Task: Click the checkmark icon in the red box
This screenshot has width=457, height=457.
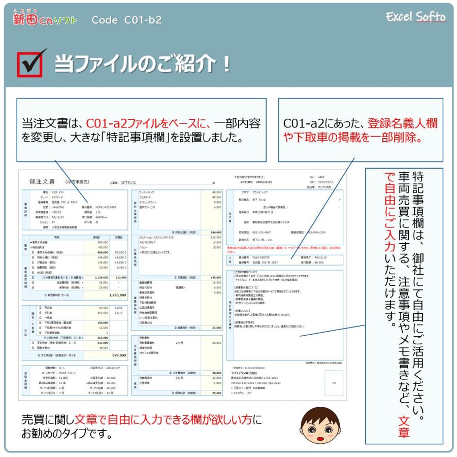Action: [x=31, y=63]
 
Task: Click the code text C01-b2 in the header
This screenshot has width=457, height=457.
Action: [x=127, y=20]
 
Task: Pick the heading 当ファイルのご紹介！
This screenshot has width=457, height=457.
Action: [x=142, y=64]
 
